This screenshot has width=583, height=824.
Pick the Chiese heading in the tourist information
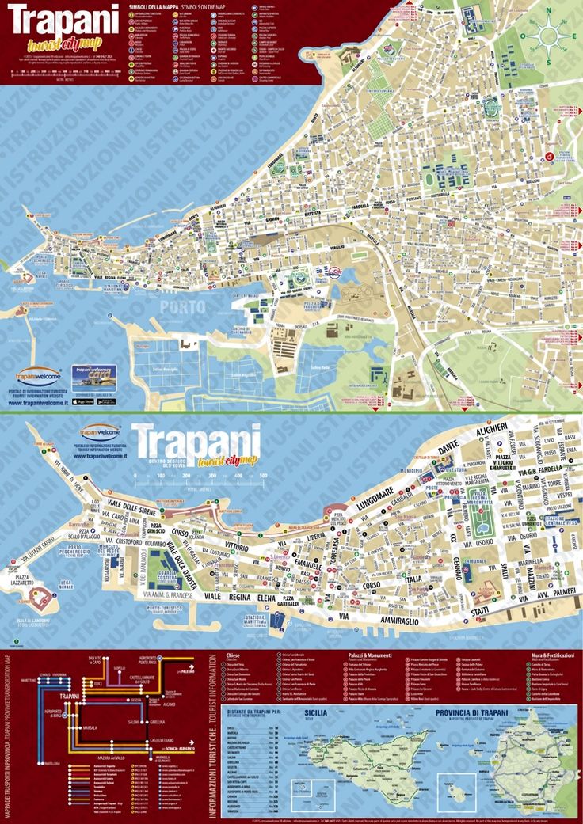[x=233, y=655]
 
